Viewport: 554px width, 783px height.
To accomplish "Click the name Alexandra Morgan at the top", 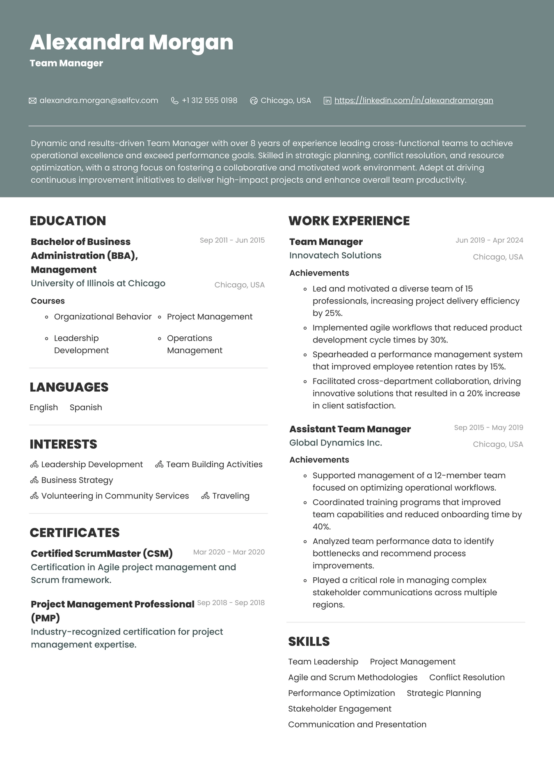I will [131, 42].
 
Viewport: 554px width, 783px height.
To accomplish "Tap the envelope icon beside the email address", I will [32, 101].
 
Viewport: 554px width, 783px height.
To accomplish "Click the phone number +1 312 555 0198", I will [209, 101].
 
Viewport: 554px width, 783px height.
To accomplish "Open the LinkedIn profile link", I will [413, 101].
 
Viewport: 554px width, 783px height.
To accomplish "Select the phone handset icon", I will [175, 101].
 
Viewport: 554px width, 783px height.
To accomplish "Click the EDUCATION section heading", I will [68, 221].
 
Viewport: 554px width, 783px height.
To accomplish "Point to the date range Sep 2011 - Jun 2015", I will [232, 240].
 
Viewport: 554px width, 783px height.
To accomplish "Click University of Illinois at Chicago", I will [98, 283].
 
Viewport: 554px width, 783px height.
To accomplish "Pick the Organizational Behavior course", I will [103, 317].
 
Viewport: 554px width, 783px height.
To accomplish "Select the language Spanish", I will [86, 407].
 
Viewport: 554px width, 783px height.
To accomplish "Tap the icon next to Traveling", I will [206, 496].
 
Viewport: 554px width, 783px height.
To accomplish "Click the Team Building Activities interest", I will [214, 464].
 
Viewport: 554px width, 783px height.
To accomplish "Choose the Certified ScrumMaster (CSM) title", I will [102, 553].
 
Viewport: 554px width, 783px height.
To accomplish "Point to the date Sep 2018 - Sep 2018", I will [231, 603].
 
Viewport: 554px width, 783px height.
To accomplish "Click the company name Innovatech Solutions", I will [335, 255].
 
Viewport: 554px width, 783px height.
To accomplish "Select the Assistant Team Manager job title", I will [350, 429].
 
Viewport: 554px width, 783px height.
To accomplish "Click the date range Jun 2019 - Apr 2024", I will [489, 240].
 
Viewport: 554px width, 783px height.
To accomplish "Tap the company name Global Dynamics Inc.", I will [336, 443].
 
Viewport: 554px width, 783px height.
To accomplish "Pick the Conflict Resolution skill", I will [467, 677].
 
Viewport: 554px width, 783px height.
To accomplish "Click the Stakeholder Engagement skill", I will [340, 709].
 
